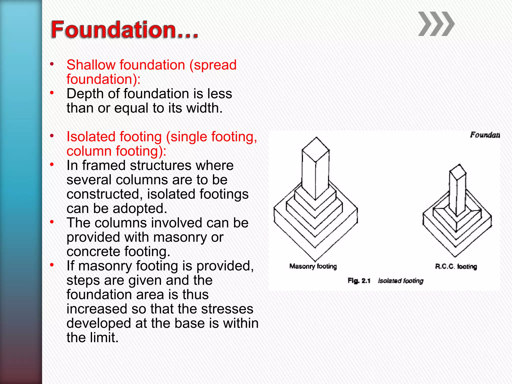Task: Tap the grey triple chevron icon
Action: tap(436, 24)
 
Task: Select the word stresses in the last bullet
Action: tap(227, 309)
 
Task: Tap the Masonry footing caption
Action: tap(313, 266)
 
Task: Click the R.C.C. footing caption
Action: tap(456, 266)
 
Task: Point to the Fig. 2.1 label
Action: tap(359, 281)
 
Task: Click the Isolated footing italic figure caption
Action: tap(400, 281)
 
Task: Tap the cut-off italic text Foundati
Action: tap(485, 135)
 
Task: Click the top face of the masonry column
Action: tap(315, 149)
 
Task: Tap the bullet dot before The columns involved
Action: tap(52, 222)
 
